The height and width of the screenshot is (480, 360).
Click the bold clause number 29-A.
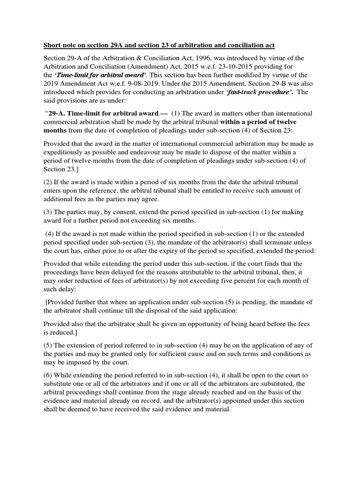[58, 113]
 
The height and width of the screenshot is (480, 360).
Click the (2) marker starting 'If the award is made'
[49, 182]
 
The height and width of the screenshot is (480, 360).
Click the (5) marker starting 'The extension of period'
[49, 345]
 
